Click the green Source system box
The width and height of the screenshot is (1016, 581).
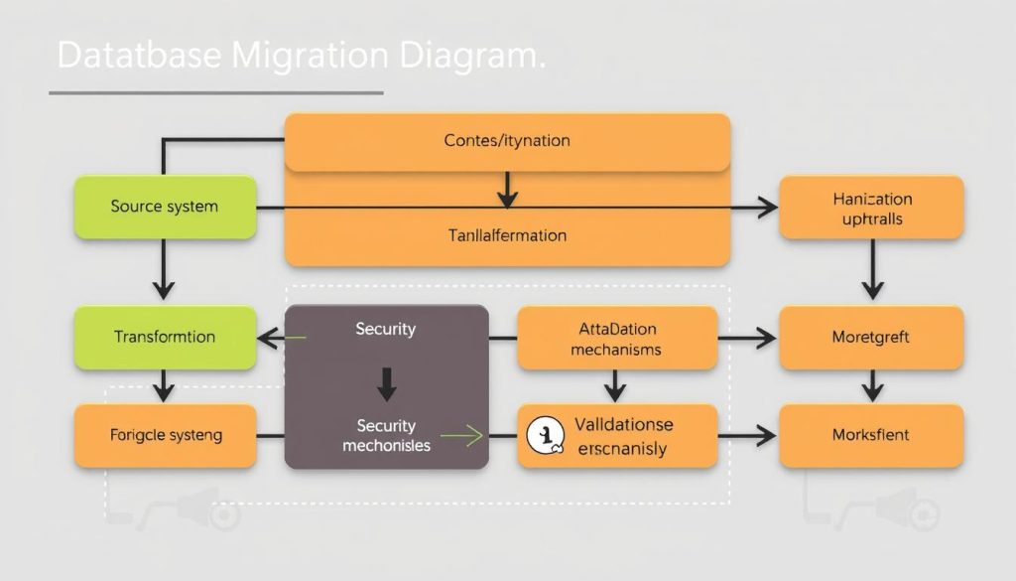(165, 208)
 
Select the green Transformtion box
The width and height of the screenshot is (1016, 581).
(165, 337)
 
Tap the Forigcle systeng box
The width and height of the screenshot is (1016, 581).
(165, 435)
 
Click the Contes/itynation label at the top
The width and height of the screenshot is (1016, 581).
(507, 141)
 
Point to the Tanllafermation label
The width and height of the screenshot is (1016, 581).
(507, 236)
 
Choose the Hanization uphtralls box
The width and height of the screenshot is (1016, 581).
(871, 208)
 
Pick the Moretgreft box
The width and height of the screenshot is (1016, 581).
(871, 338)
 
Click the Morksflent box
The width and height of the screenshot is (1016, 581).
(871, 435)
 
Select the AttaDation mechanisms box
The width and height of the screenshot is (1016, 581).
(617, 339)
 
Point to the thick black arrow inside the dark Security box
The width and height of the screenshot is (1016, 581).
(387, 382)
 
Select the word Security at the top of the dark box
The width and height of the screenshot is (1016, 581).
(386, 329)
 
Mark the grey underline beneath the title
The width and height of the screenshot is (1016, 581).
(215, 93)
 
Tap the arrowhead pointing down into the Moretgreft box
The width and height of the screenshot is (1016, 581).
(872, 291)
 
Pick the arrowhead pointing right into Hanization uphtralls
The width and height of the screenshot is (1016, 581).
(766, 209)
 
